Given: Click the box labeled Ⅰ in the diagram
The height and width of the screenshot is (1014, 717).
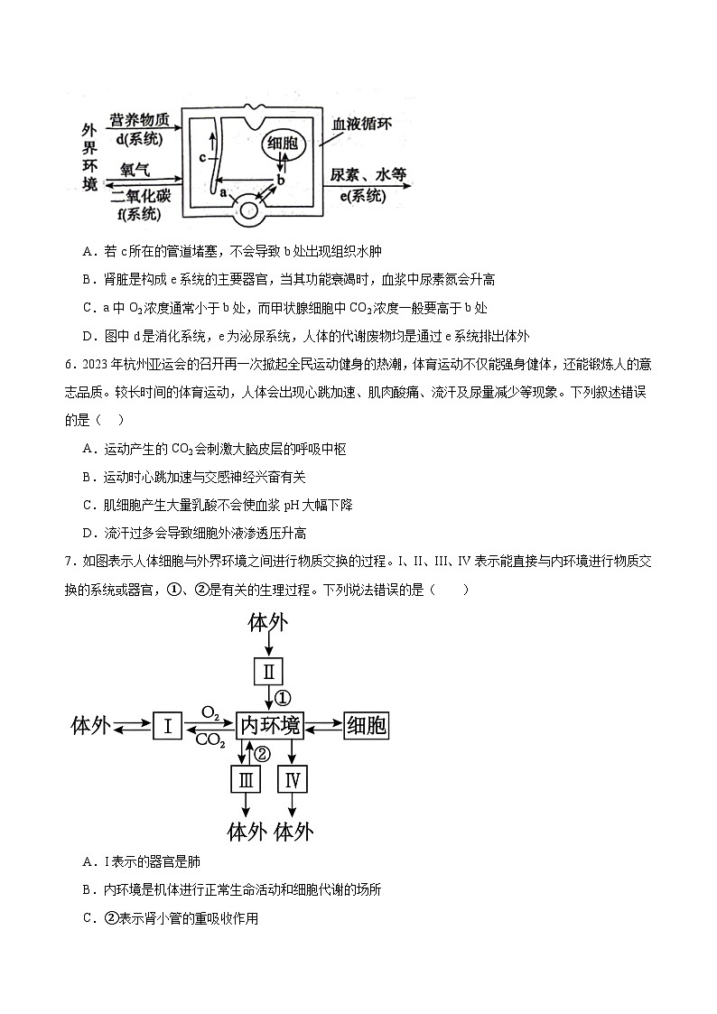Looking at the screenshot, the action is click(168, 725).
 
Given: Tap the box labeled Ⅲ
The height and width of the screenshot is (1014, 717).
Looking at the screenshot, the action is click(245, 779).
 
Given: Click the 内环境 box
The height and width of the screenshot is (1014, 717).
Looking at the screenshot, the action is click(269, 725).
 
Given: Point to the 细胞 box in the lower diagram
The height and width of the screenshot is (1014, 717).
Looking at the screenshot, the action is click(366, 725).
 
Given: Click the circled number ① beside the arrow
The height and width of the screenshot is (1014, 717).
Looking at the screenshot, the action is click(284, 698).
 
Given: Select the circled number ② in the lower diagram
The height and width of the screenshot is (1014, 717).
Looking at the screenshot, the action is click(262, 753).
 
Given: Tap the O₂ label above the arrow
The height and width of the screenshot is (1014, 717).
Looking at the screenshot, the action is click(210, 713).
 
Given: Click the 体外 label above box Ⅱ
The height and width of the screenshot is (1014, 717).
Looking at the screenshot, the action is click(268, 624).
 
